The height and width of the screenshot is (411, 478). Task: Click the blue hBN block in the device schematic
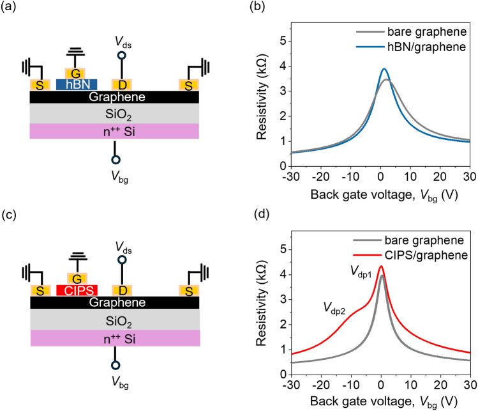point(77,84)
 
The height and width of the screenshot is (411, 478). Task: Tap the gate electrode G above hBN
point(76,72)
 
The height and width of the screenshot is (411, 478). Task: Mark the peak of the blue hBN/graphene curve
point(384,68)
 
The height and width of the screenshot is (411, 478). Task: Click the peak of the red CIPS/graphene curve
point(381,266)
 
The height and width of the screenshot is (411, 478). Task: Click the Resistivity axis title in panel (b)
point(257,96)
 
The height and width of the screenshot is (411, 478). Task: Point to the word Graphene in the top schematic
point(114,98)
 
